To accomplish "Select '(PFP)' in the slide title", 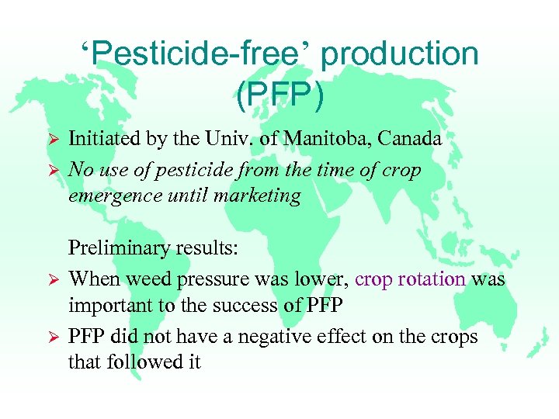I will [279, 95].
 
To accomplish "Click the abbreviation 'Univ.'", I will [233, 140].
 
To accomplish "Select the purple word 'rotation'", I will [432, 279].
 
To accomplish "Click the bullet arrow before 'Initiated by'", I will [54, 140].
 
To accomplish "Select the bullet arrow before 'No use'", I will [54, 171].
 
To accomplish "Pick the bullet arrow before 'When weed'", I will [54, 279].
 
